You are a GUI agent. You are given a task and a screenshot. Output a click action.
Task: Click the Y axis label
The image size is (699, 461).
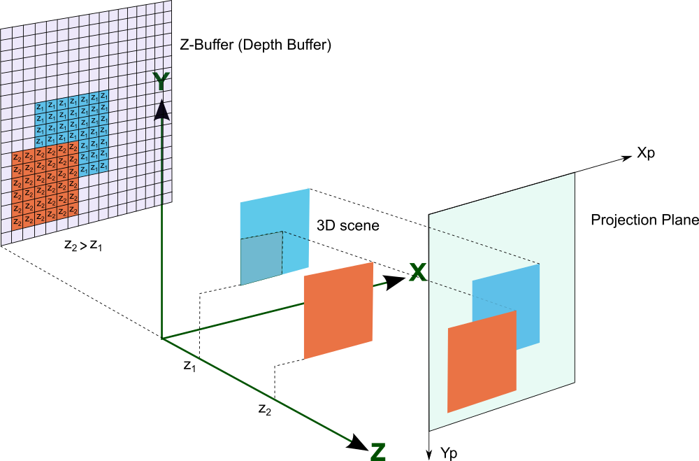[161, 81]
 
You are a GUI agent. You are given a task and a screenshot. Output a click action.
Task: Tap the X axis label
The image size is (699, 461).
[417, 272]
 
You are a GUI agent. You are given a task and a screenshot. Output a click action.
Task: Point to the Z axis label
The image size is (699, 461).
[377, 451]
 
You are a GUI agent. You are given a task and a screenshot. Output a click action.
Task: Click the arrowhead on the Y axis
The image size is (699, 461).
[162, 111]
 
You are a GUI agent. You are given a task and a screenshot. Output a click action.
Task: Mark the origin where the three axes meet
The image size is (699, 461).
[162, 339]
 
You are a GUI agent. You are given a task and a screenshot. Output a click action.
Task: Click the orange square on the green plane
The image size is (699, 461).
[482, 362]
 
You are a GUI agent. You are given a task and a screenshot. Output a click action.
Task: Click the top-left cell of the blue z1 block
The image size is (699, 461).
[40, 108]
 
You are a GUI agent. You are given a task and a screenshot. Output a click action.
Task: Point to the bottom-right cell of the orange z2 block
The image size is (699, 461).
[73, 211]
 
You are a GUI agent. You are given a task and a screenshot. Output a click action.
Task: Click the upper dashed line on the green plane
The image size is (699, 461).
[482, 245]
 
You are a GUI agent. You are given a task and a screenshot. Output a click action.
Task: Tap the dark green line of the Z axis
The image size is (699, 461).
[259, 391]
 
